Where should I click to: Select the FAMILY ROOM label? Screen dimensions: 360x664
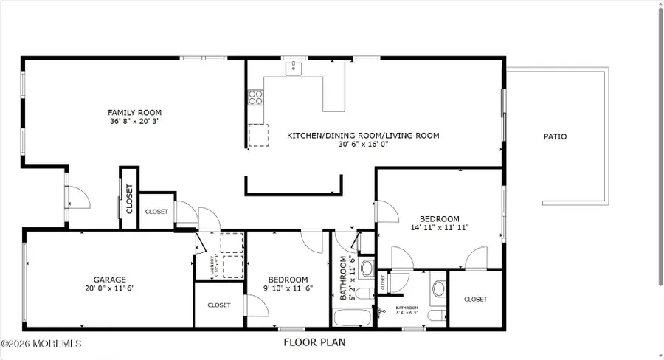(134, 113)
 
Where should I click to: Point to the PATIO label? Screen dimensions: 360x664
(556, 136)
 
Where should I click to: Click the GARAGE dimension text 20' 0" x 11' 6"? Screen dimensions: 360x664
(109, 288)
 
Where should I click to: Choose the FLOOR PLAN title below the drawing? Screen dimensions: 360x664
(314, 342)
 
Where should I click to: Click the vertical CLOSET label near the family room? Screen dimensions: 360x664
(128, 198)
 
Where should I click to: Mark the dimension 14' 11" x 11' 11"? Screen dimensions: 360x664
(440, 228)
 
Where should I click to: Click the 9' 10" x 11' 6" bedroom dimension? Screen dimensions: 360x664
(288, 288)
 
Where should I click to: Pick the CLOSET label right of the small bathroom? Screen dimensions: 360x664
(475, 300)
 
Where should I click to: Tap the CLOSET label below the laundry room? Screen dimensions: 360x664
(219, 305)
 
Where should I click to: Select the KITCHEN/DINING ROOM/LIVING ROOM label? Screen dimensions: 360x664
(363, 136)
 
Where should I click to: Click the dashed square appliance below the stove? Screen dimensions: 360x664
(258, 136)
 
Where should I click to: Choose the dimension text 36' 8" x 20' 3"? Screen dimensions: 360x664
(134, 122)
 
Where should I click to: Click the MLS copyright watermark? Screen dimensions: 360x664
(41, 344)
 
